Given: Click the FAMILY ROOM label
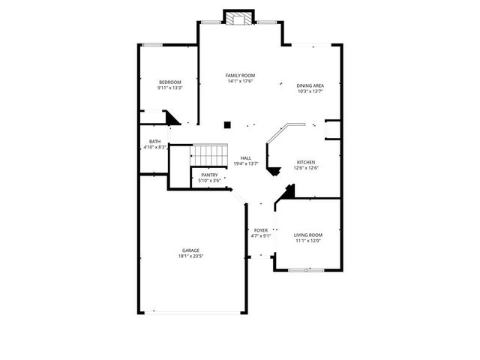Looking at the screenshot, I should [x=241, y=76].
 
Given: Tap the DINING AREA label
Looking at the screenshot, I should [x=310, y=85].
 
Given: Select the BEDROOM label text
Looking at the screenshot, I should [x=170, y=82].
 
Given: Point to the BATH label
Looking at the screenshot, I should [x=154, y=141].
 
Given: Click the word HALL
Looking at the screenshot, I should [x=245, y=157].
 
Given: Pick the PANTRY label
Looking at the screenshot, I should [x=209, y=175].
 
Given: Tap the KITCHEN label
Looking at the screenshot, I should [x=305, y=162].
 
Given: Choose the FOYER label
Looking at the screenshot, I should [x=260, y=230].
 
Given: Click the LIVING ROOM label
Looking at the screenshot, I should [x=307, y=235].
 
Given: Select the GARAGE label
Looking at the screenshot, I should [x=190, y=250].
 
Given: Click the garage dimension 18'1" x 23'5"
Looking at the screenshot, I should [x=190, y=256].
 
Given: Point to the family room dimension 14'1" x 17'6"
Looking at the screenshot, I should [x=241, y=82].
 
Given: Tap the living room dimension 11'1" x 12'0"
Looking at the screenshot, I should [x=307, y=241].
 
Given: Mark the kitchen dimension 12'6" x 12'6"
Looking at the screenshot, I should [x=305, y=168].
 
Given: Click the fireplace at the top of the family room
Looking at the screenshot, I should [x=241, y=19].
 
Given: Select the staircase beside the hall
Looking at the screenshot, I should [x=208, y=155].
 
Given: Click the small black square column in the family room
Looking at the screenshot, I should [x=227, y=125].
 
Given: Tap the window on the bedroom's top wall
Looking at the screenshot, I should [x=154, y=45].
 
